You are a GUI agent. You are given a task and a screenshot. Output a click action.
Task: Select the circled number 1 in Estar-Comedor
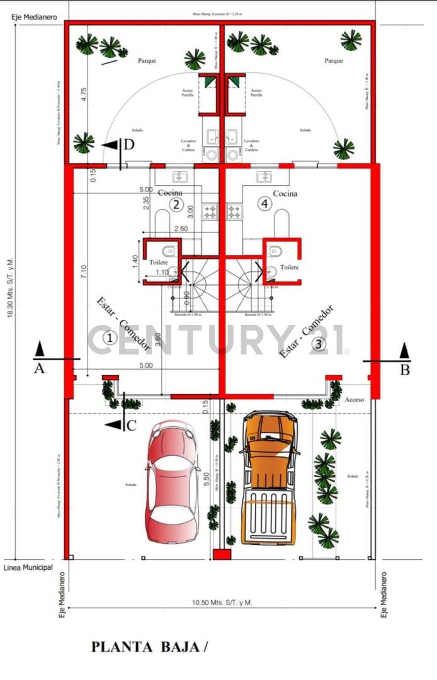point(110,338)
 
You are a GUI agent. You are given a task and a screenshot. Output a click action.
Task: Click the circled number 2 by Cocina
point(176,204)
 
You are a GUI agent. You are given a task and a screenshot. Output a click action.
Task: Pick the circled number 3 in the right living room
point(319,344)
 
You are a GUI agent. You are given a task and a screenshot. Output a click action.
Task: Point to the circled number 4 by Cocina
point(263,204)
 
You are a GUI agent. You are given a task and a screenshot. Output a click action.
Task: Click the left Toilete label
point(158,261)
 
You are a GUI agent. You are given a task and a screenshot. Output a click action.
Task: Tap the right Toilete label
point(289,267)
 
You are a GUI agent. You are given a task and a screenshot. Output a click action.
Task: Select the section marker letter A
point(39,369)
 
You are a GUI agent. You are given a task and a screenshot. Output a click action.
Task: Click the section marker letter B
point(405,370)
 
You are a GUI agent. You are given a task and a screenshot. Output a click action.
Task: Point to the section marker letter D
point(129,145)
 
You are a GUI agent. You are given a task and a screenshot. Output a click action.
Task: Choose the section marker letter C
point(132,425)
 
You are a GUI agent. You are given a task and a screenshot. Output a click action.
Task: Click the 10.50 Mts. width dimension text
point(222,603)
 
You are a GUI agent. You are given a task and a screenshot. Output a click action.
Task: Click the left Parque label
point(147,61)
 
